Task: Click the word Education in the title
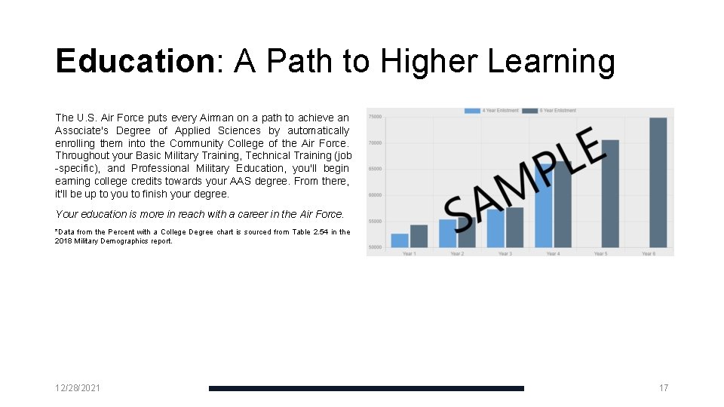135,62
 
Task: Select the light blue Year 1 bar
400,240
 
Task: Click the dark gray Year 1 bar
419,236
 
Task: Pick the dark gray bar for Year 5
610,194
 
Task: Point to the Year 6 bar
658,182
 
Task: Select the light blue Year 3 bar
495,228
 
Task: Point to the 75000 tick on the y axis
375,117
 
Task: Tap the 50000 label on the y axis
375,247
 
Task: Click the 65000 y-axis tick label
375,169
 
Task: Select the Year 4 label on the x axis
553,254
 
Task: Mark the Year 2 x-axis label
457,254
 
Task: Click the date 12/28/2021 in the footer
78,388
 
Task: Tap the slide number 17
664,388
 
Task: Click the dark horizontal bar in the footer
366,388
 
